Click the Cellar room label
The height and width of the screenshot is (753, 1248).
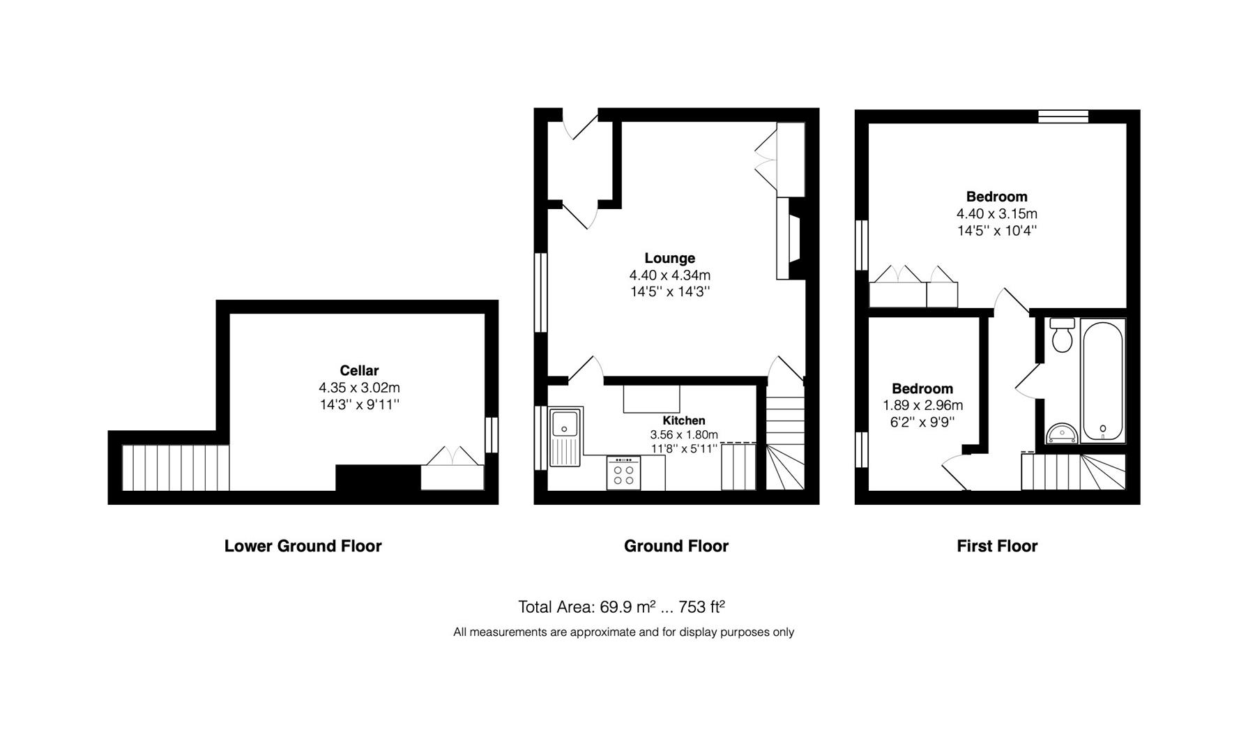click(x=359, y=370)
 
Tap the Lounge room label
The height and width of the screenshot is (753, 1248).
click(x=669, y=258)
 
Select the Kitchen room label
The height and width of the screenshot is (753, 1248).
click(x=683, y=420)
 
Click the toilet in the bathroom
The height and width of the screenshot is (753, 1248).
click(x=1063, y=335)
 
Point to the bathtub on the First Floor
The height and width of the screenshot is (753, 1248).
click(x=1102, y=380)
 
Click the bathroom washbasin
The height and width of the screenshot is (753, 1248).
click(x=1062, y=433)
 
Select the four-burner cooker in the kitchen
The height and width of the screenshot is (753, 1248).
click(x=623, y=473)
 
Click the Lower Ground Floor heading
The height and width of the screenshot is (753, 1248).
click(x=303, y=546)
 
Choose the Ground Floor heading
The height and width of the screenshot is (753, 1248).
click(x=676, y=546)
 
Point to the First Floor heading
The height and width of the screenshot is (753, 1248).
click(x=997, y=546)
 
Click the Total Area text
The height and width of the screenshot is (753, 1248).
click(x=621, y=607)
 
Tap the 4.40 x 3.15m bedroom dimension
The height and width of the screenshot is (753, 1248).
click(x=996, y=213)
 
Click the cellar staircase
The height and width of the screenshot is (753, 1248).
click(x=176, y=468)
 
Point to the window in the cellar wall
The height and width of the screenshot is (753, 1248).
click(x=492, y=435)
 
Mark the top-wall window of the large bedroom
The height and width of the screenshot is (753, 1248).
click(x=1063, y=116)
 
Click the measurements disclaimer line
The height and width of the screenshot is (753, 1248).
click(x=623, y=632)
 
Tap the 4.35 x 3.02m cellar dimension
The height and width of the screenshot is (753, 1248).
click(x=359, y=388)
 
